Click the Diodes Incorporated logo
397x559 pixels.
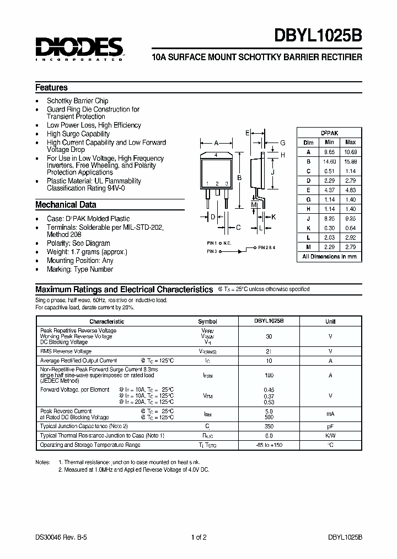pos(78,49)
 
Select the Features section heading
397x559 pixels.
pos(51,87)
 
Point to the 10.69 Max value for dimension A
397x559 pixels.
pos(350,151)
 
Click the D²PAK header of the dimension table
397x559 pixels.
pos(330,133)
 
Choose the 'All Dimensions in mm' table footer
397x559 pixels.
pos(329,256)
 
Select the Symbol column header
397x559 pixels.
pos(207,321)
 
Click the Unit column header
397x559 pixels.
pos(330,321)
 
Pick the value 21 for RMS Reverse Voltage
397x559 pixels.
pos(269,351)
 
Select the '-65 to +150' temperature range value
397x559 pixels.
pos(269,445)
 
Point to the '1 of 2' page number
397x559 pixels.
pos(199,537)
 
